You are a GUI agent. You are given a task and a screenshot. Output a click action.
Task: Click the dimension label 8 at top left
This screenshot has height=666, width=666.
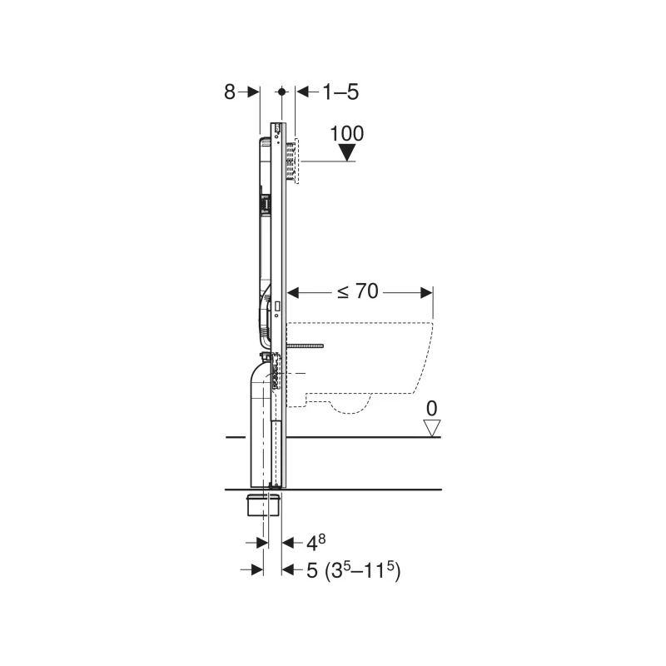230,92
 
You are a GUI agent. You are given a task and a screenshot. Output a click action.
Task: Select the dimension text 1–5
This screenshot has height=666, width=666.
340,92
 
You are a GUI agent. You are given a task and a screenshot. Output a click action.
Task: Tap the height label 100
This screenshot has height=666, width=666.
347,133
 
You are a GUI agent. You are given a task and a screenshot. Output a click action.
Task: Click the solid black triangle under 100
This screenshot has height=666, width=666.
347,152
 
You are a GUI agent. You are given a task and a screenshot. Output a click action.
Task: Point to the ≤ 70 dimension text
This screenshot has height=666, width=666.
358,291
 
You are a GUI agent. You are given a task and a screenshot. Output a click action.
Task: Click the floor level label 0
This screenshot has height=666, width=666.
431,409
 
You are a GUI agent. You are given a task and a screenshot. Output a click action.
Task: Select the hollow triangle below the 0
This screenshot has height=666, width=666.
432,428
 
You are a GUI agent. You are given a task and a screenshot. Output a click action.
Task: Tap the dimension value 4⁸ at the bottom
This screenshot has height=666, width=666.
316,543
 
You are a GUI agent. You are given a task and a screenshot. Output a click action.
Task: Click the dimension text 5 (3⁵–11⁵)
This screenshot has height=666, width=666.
353,570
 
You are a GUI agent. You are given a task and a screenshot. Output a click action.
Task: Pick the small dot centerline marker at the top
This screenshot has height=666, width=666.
282,92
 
